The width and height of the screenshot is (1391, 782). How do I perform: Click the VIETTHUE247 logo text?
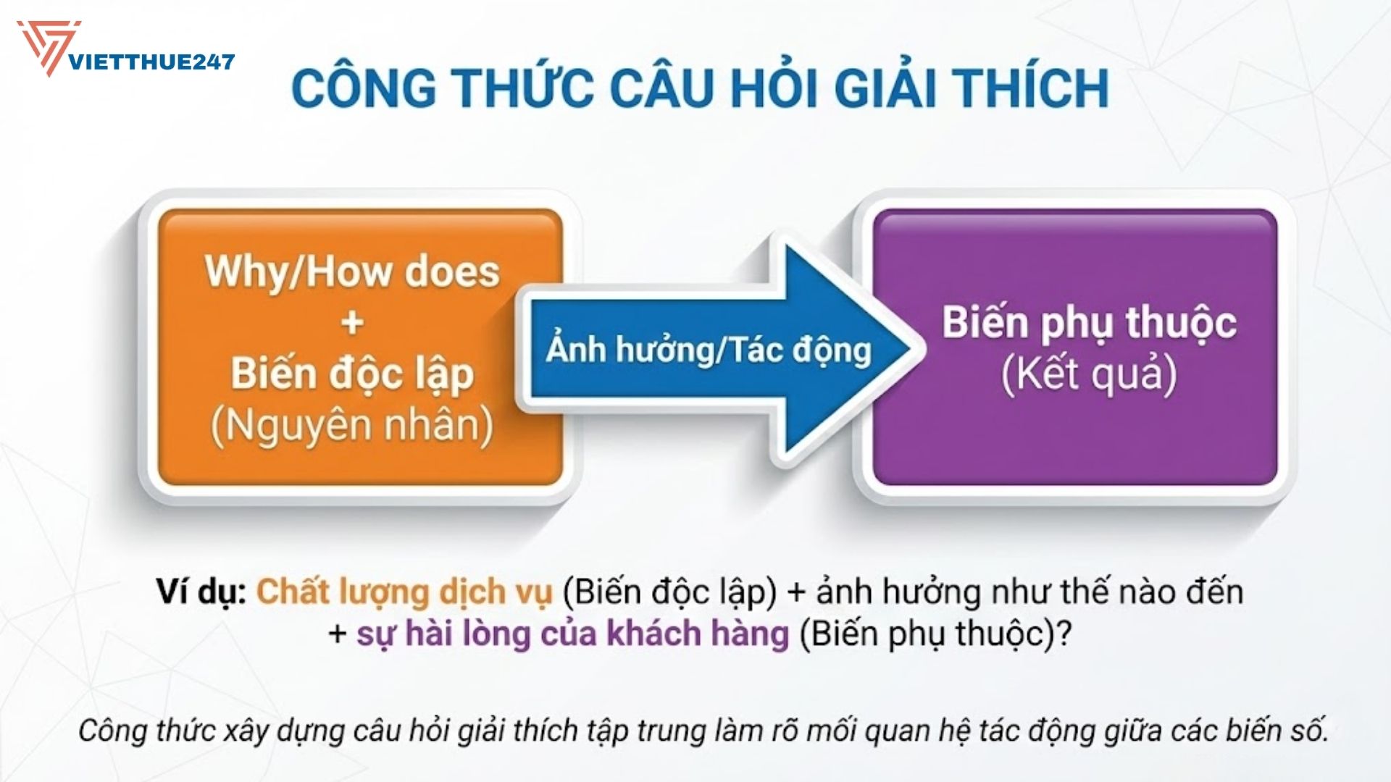151,62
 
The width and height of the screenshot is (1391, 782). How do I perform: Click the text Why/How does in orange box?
352,272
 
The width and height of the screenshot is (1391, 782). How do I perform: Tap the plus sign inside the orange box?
352,323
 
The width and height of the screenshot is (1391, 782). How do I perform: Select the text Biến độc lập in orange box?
352,374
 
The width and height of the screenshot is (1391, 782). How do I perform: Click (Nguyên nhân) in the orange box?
352,425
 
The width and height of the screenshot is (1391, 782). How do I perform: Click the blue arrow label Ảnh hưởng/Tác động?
709,350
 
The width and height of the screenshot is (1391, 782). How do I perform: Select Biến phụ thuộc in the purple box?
1088,322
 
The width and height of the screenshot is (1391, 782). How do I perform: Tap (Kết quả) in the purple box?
1088,374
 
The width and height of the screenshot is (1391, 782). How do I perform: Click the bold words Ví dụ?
202,592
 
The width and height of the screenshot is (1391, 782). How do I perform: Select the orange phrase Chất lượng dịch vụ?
404,592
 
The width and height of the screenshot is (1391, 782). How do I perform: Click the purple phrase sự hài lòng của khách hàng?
572,634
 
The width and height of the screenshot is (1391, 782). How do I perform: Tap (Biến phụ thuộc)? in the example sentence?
935,634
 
